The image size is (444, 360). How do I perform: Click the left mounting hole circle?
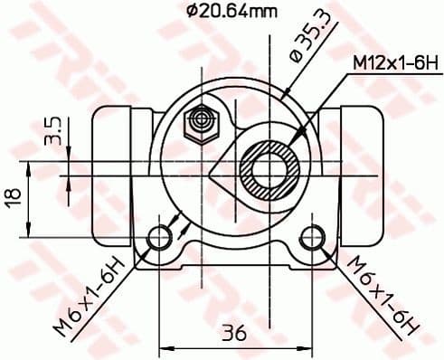160,237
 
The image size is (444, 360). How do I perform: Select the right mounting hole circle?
313,237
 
